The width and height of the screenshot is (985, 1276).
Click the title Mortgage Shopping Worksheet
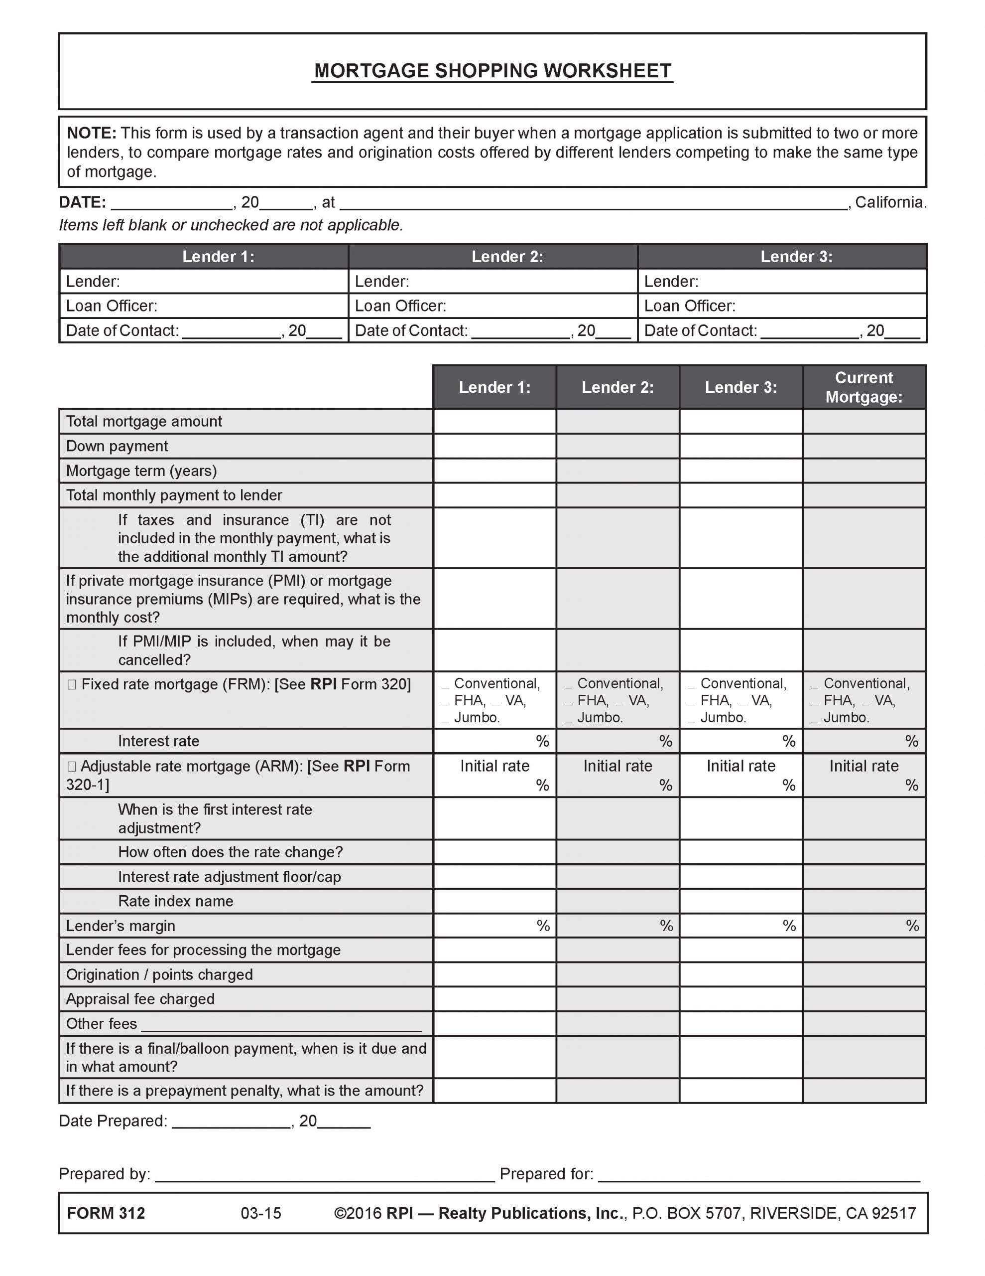(492, 71)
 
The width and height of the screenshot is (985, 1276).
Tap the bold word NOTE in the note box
(92, 133)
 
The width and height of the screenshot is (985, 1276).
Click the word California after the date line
(890, 202)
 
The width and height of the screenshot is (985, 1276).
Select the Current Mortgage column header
(863, 387)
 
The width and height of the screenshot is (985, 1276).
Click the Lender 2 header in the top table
(507, 257)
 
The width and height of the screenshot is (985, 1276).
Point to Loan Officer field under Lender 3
(782, 306)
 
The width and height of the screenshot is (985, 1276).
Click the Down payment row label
(117, 446)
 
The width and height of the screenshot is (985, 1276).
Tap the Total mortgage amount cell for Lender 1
(494, 421)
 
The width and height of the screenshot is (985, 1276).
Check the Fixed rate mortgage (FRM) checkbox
(72, 684)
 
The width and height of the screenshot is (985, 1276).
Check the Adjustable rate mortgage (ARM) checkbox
(72, 766)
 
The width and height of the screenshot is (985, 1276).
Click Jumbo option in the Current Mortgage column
(846, 717)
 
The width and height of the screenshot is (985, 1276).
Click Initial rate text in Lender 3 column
(740, 766)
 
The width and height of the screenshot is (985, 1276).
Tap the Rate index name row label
(175, 901)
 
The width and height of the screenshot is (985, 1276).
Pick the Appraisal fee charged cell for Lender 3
(740, 998)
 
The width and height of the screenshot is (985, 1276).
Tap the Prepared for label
(546, 1174)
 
